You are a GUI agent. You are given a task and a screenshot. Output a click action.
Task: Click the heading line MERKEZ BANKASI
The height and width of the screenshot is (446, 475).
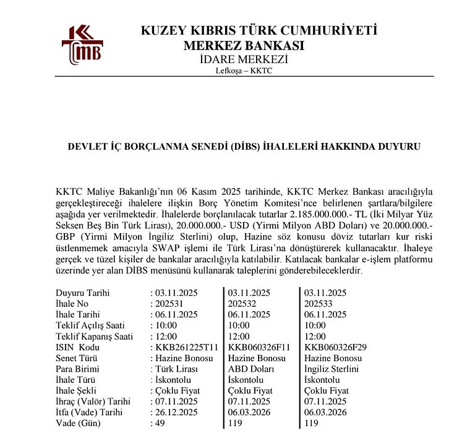[x=244, y=46]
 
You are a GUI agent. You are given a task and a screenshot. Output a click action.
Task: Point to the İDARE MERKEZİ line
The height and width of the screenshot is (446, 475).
[x=244, y=59]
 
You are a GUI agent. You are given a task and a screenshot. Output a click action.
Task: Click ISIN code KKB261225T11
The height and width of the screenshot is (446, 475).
[x=187, y=348]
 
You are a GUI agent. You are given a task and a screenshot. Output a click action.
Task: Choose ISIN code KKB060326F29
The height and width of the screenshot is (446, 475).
[x=336, y=348]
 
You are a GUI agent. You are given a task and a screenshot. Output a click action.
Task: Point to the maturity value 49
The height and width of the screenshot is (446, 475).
[x=160, y=424]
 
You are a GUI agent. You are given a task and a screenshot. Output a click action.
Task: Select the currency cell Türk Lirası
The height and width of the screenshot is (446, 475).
[x=176, y=369]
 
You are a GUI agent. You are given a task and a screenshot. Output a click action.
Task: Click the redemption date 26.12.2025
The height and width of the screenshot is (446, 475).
[x=177, y=413]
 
